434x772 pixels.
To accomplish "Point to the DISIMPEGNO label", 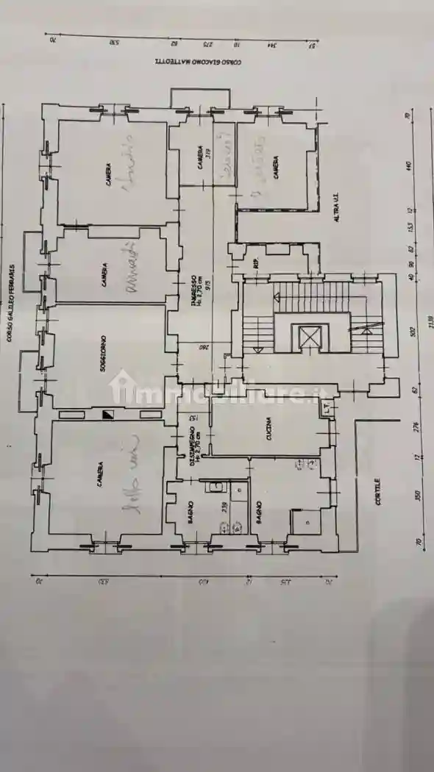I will click(193, 451).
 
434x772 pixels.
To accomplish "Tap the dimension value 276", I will click(416, 429).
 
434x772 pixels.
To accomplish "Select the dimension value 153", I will click(414, 225).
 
